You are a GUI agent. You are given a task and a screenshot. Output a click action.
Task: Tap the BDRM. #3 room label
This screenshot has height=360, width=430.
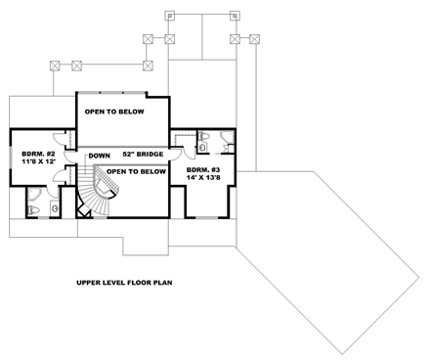tap(203, 170)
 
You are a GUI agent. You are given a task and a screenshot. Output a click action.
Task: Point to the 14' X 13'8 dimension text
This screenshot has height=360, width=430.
tap(203, 180)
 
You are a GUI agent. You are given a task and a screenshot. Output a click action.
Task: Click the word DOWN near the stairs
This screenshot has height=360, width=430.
tap(99, 156)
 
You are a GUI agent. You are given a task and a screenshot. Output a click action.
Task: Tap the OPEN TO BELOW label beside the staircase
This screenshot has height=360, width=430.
tap(141, 171)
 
